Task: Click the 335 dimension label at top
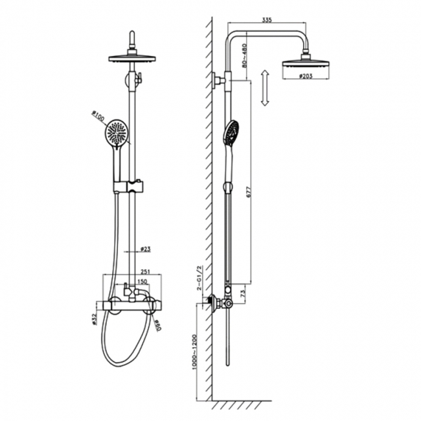[x=266, y=21]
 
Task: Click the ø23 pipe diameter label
[x=146, y=249]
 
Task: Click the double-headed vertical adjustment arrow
[x=263, y=89]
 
